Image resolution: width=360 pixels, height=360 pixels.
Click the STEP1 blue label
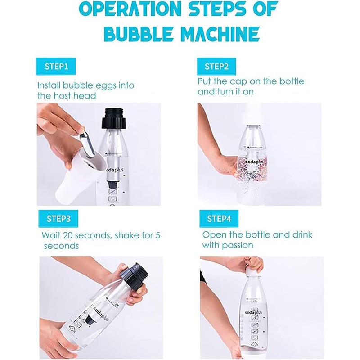point(56,66)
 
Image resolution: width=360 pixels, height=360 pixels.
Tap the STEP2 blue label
point(216,66)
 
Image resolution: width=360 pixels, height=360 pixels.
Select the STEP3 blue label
point(58,219)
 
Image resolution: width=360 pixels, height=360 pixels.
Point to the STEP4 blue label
point(219,219)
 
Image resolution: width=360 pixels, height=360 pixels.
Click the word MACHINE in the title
point(221,35)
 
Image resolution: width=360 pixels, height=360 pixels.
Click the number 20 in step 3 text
point(68,235)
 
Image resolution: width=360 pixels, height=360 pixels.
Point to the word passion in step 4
point(240,246)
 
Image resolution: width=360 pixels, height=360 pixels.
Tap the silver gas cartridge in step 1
point(87,144)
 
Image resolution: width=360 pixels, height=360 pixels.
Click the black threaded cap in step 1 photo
point(113,118)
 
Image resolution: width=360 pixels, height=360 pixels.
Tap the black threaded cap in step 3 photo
point(135,278)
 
